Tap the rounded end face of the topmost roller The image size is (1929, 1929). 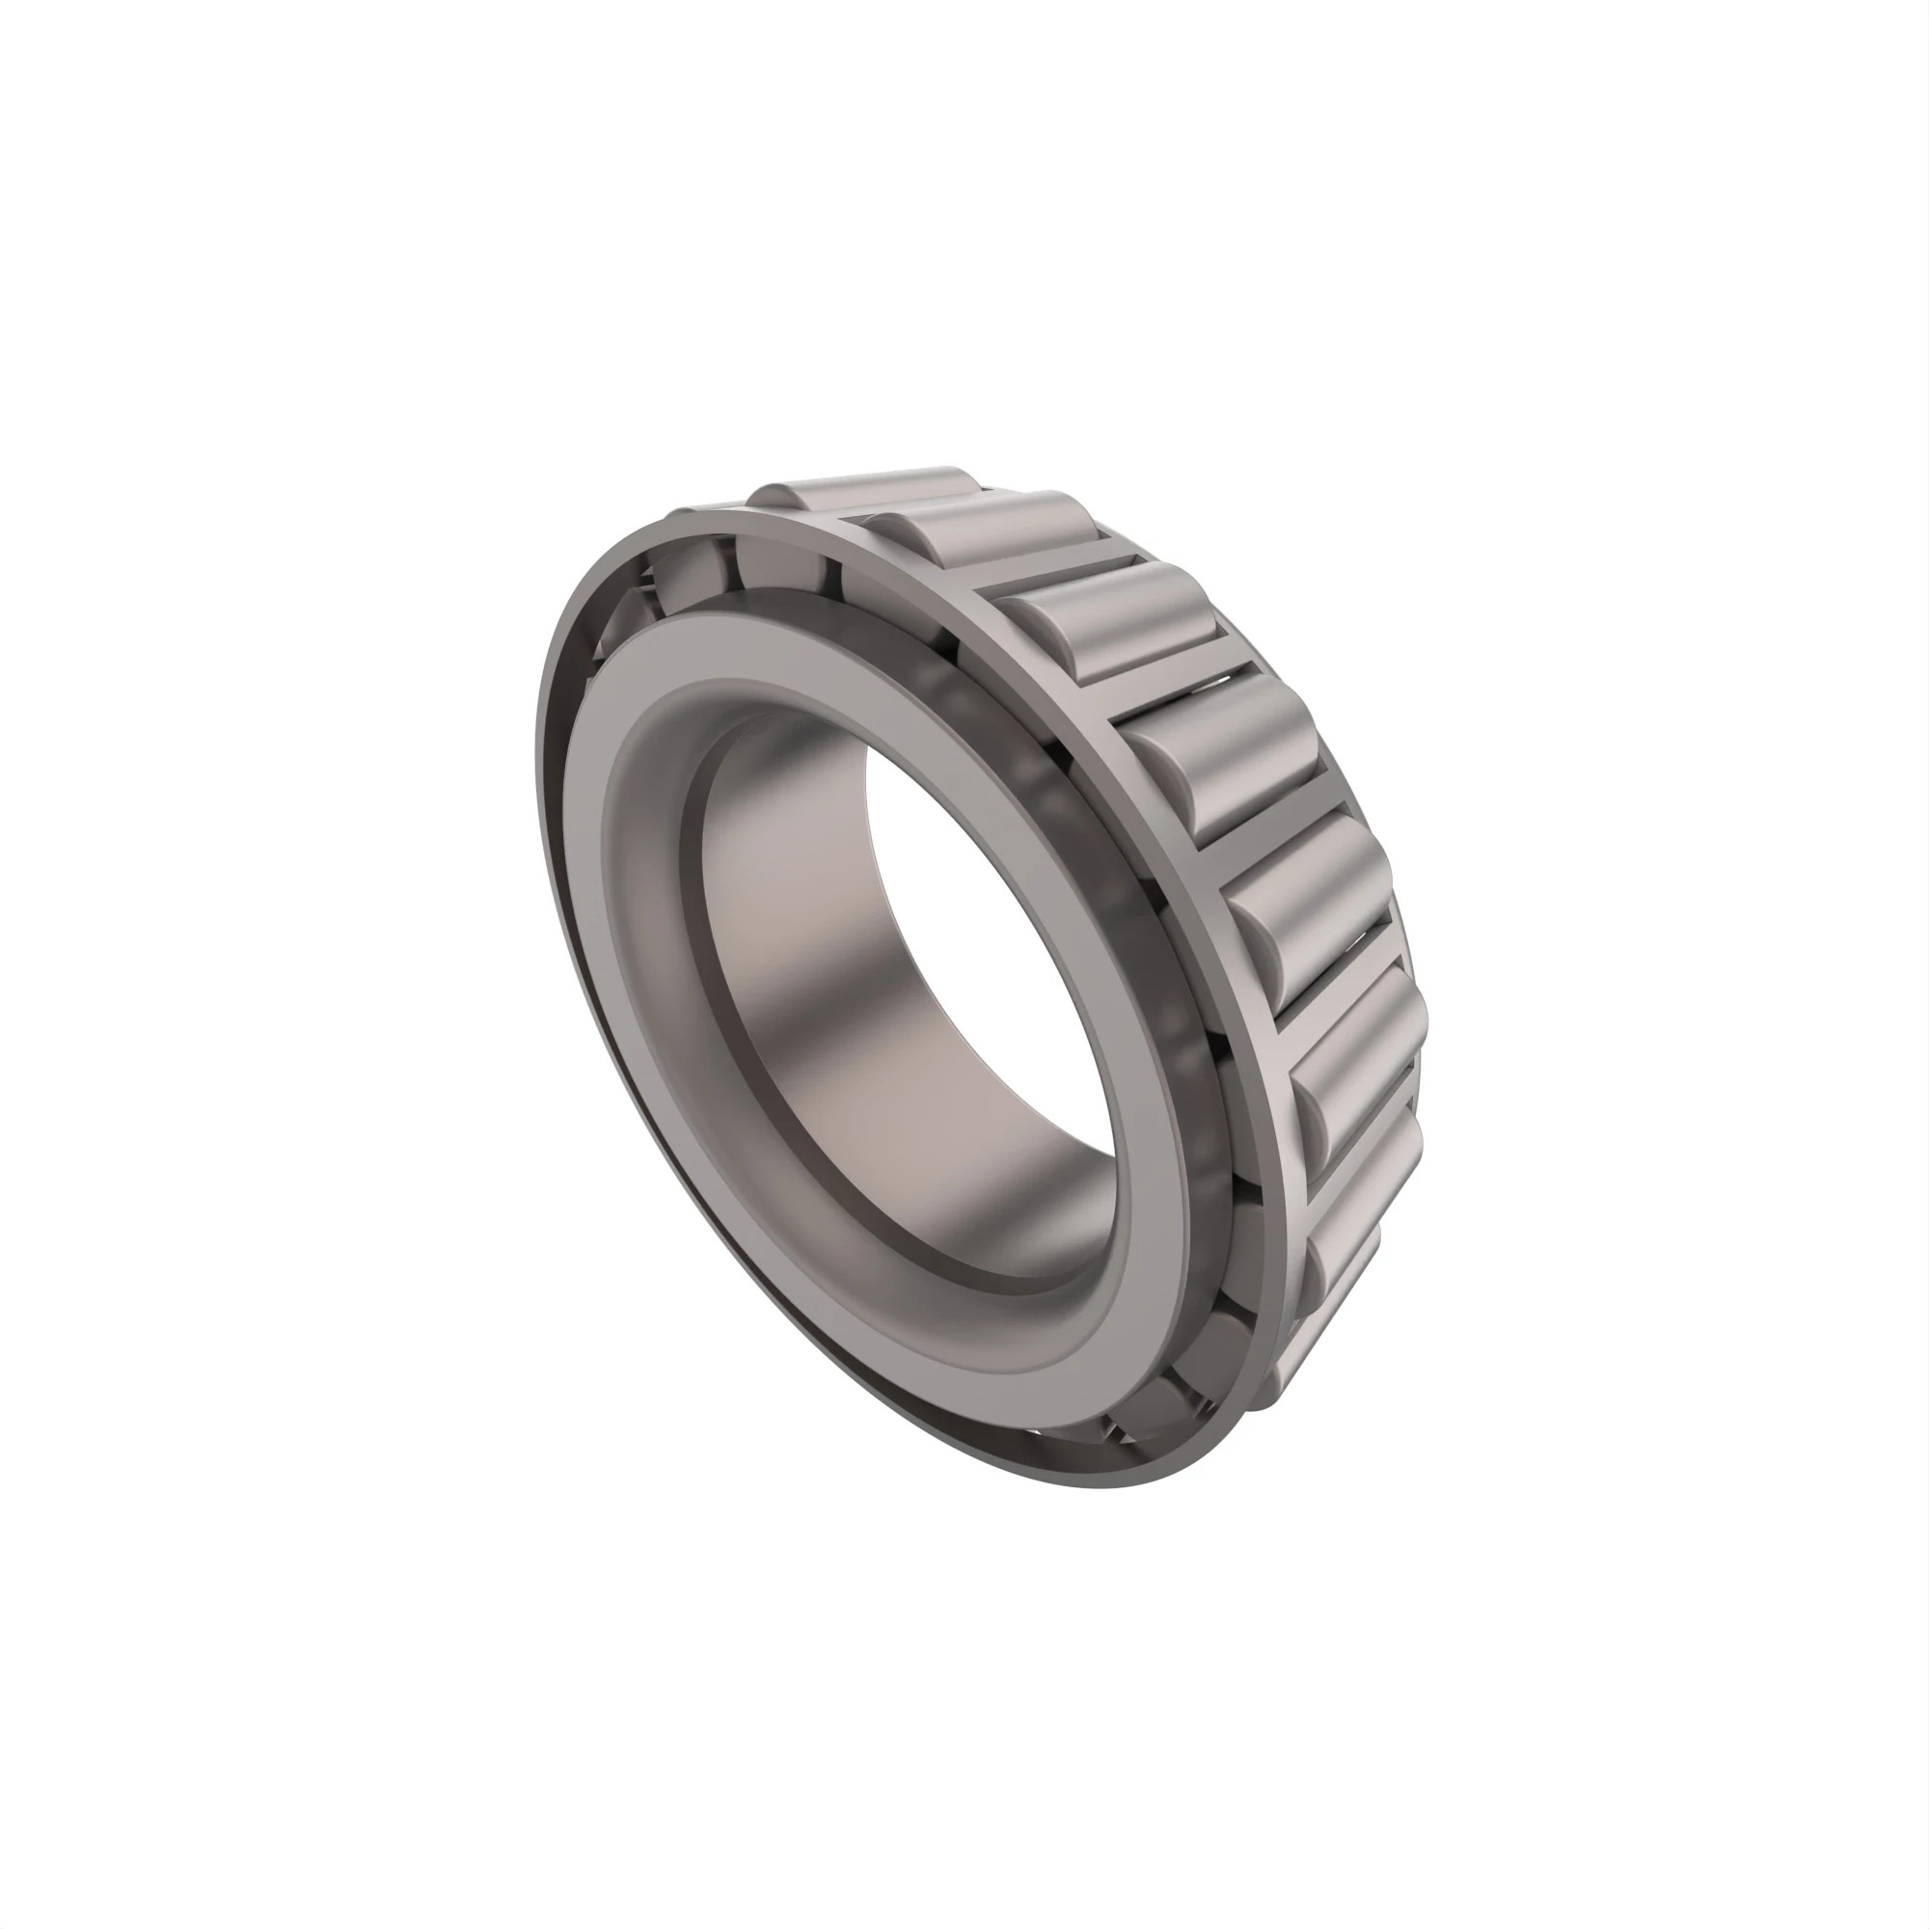(774, 495)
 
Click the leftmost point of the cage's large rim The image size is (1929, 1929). (539, 799)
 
